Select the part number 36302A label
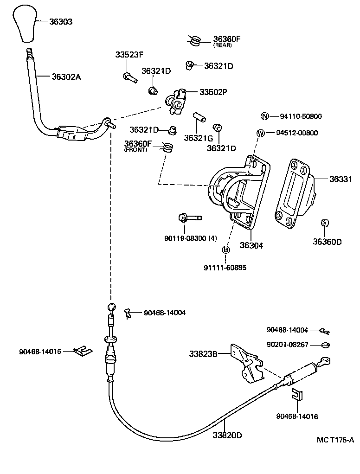click(66, 77)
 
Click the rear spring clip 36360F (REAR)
click(195, 41)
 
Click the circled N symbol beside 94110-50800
click(264, 116)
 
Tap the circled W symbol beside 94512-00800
click(261, 134)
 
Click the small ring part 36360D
click(325, 224)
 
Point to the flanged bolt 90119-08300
click(189, 217)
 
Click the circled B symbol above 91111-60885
click(226, 250)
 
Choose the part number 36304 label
click(251, 245)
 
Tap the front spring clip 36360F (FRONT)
click(168, 147)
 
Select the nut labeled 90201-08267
click(326, 345)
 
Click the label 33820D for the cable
click(227, 435)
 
